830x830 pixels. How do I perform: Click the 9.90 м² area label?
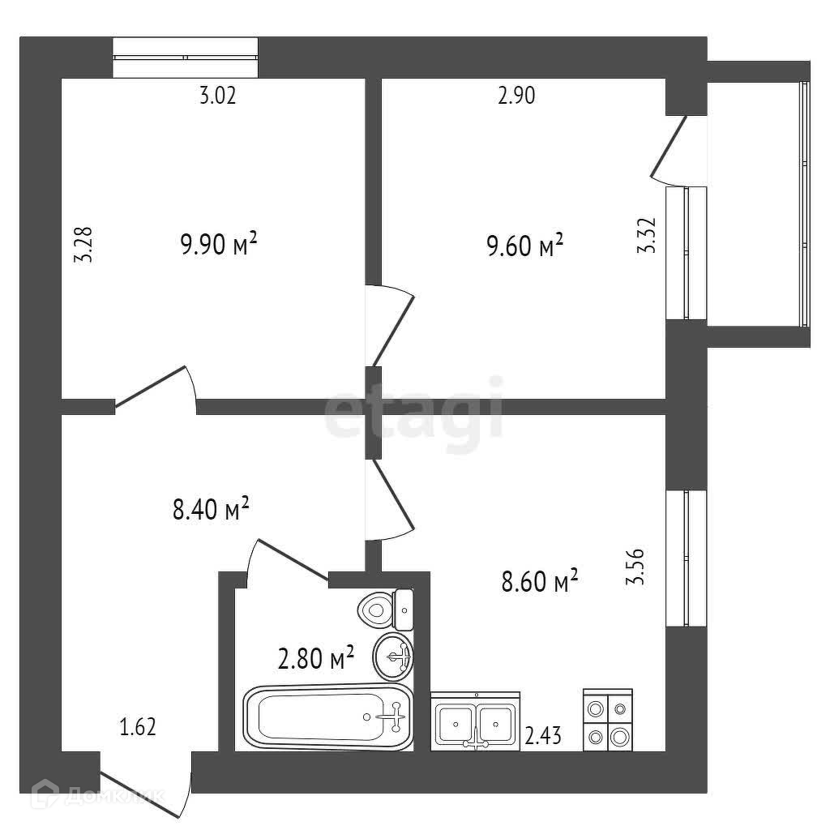pos(218,243)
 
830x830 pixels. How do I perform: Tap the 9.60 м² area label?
pos(524,245)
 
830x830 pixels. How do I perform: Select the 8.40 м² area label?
pos(209,511)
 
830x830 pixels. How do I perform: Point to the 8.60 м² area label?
pos(540,582)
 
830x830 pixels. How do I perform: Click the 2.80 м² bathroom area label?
pos(316,657)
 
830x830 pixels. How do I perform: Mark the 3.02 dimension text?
pos(217,96)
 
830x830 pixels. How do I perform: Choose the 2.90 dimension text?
pos(516,96)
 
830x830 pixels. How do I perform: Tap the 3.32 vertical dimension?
pos(646,237)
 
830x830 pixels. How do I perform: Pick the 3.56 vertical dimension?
pos(636,567)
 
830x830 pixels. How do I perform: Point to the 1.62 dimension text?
pos(138,727)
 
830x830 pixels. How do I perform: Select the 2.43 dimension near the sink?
pos(543,737)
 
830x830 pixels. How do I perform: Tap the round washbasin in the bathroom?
pos(393,656)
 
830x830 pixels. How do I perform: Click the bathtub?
pos(328,717)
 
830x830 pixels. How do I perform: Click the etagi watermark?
pos(413,417)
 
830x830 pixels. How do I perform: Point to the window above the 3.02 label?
pos(185,58)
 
